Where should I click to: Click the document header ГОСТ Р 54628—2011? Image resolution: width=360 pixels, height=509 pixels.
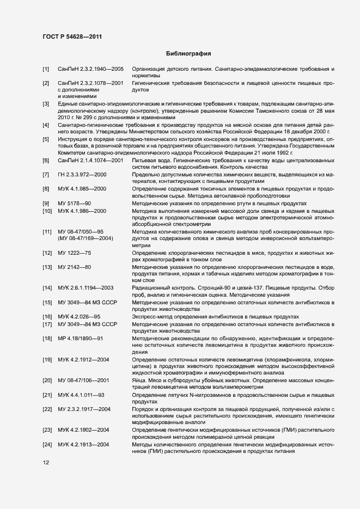point(72,36)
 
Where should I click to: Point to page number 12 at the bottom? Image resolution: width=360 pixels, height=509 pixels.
point(45,462)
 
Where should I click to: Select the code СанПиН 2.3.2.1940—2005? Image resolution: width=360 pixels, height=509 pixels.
point(91,70)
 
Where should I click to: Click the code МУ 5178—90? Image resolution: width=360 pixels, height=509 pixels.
point(75,203)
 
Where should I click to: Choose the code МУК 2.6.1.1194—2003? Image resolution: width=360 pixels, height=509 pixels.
point(86,287)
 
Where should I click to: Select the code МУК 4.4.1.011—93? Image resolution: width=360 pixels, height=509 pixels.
point(81,395)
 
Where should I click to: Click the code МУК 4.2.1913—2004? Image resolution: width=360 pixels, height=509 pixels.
point(84,445)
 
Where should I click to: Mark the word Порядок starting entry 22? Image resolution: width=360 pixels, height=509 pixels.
point(144,409)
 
